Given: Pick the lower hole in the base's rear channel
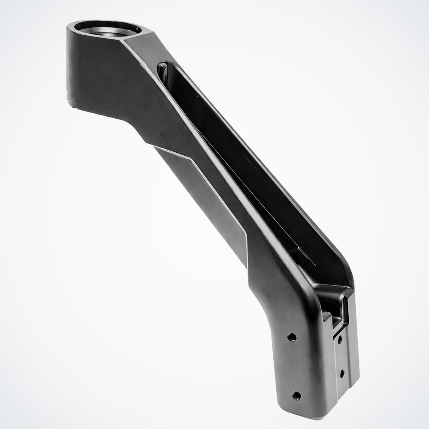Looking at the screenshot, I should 342,373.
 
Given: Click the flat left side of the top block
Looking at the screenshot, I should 90,69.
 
